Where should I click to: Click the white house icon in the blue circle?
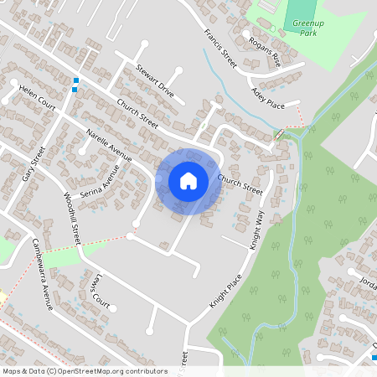[x=188, y=180]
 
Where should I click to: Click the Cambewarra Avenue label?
[x=43, y=274]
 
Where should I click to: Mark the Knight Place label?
[x=225, y=291]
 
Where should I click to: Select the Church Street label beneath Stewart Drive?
[x=137, y=115]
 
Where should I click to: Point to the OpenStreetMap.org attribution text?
[x=84, y=371]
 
